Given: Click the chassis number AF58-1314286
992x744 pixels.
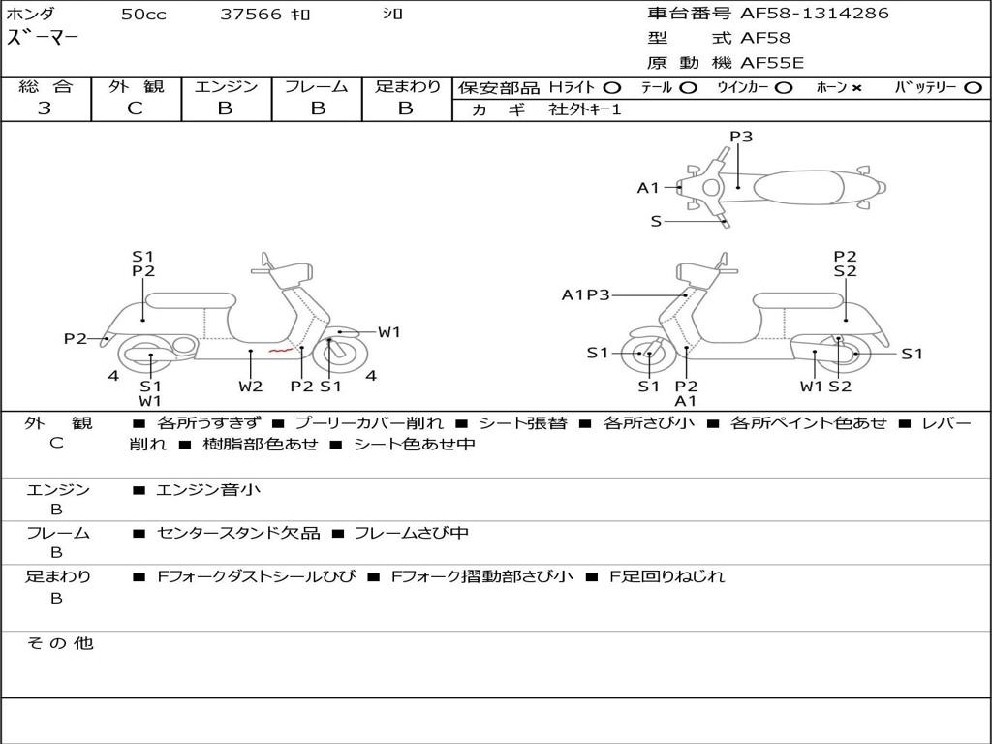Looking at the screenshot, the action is coord(815,13).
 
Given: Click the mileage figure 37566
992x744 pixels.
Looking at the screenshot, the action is coord(251,14).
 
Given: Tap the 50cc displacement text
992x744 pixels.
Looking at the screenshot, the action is coord(143,14).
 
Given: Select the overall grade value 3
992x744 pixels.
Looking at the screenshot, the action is coord(45,108).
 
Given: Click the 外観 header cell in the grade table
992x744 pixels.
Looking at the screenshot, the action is coord(136,86).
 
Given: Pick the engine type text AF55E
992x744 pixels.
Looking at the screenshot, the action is coord(772,63).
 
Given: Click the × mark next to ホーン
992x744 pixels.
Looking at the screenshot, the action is coord(856,88).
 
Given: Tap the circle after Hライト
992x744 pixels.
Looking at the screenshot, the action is coord(612,87).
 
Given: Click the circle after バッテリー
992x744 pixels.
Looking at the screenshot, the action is coord(973,87).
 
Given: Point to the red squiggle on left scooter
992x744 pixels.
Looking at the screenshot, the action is coord(280,350).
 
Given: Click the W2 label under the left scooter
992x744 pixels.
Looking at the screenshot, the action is coord(251,386).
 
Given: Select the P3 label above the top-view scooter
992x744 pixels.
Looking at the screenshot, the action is coord(741,136).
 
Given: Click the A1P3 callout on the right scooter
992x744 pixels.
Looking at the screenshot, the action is coord(585,294).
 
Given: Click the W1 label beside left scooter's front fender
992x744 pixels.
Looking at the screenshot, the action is coord(389,332).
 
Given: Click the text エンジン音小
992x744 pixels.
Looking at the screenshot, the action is coord(208,489).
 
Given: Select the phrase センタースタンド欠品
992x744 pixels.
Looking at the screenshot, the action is coord(238,533).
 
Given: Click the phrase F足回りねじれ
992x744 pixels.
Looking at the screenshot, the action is coord(666,576).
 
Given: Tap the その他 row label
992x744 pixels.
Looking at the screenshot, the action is coord(60,643).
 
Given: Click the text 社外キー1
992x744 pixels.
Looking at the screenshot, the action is coord(585,109).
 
